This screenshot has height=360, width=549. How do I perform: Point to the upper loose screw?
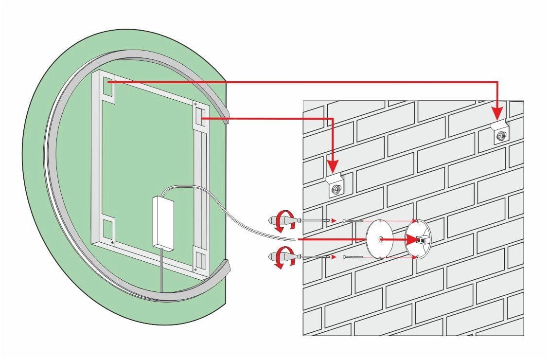click(x=353, y=221)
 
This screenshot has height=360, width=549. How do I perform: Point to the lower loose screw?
click(x=353, y=257)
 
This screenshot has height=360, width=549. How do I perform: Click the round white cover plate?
click(x=380, y=239)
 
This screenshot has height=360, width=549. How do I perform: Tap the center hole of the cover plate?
click(x=380, y=239)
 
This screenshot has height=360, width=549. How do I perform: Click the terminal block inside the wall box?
click(x=422, y=239)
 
